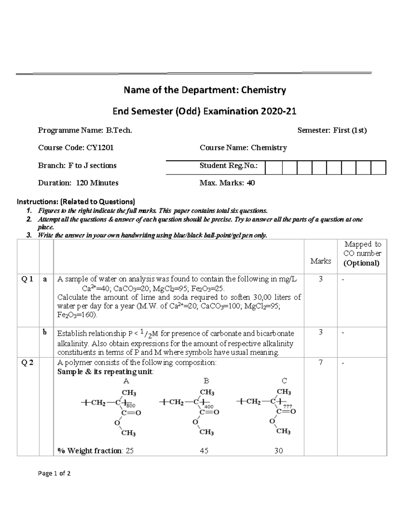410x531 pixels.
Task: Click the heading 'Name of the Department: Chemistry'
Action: pyautogui.click(x=205, y=90)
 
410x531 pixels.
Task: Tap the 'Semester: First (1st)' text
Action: pyautogui.click(x=332, y=130)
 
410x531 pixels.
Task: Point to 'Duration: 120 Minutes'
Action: pyautogui.click(x=78, y=183)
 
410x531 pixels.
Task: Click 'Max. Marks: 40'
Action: pyautogui.click(x=227, y=183)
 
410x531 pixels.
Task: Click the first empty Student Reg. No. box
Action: pyautogui.click(x=273, y=168)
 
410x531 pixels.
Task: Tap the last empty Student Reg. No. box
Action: pyautogui.click(x=378, y=168)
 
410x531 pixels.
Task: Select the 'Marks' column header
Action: pyautogui.click(x=320, y=261)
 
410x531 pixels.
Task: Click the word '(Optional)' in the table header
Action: pyautogui.click(x=361, y=263)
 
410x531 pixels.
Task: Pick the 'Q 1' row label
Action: pyautogui.click(x=27, y=279)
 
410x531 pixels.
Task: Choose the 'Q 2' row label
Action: pyautogui.click(x=27, y=363)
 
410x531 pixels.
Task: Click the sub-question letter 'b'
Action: pyautogui.click(x=45, y=332)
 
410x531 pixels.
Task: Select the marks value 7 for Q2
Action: pyautogui.click(x=320, y=363)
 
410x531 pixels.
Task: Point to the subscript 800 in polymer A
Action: pyautogui.click(x=131, y=406)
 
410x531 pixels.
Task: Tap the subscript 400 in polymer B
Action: pyautogui.click(x=209, y=407)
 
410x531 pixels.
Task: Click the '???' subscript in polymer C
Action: pyautogui.click(x=287, y=406)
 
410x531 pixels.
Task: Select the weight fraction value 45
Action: pyautogui.click(x=204, y=451)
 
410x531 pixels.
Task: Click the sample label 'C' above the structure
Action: pyautogui.click(x=284, y=381)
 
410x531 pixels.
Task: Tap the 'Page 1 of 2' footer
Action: pyautogui.click(x=54, y=474)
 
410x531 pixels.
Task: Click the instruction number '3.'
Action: pyautogui.click(x=29, y=235)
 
